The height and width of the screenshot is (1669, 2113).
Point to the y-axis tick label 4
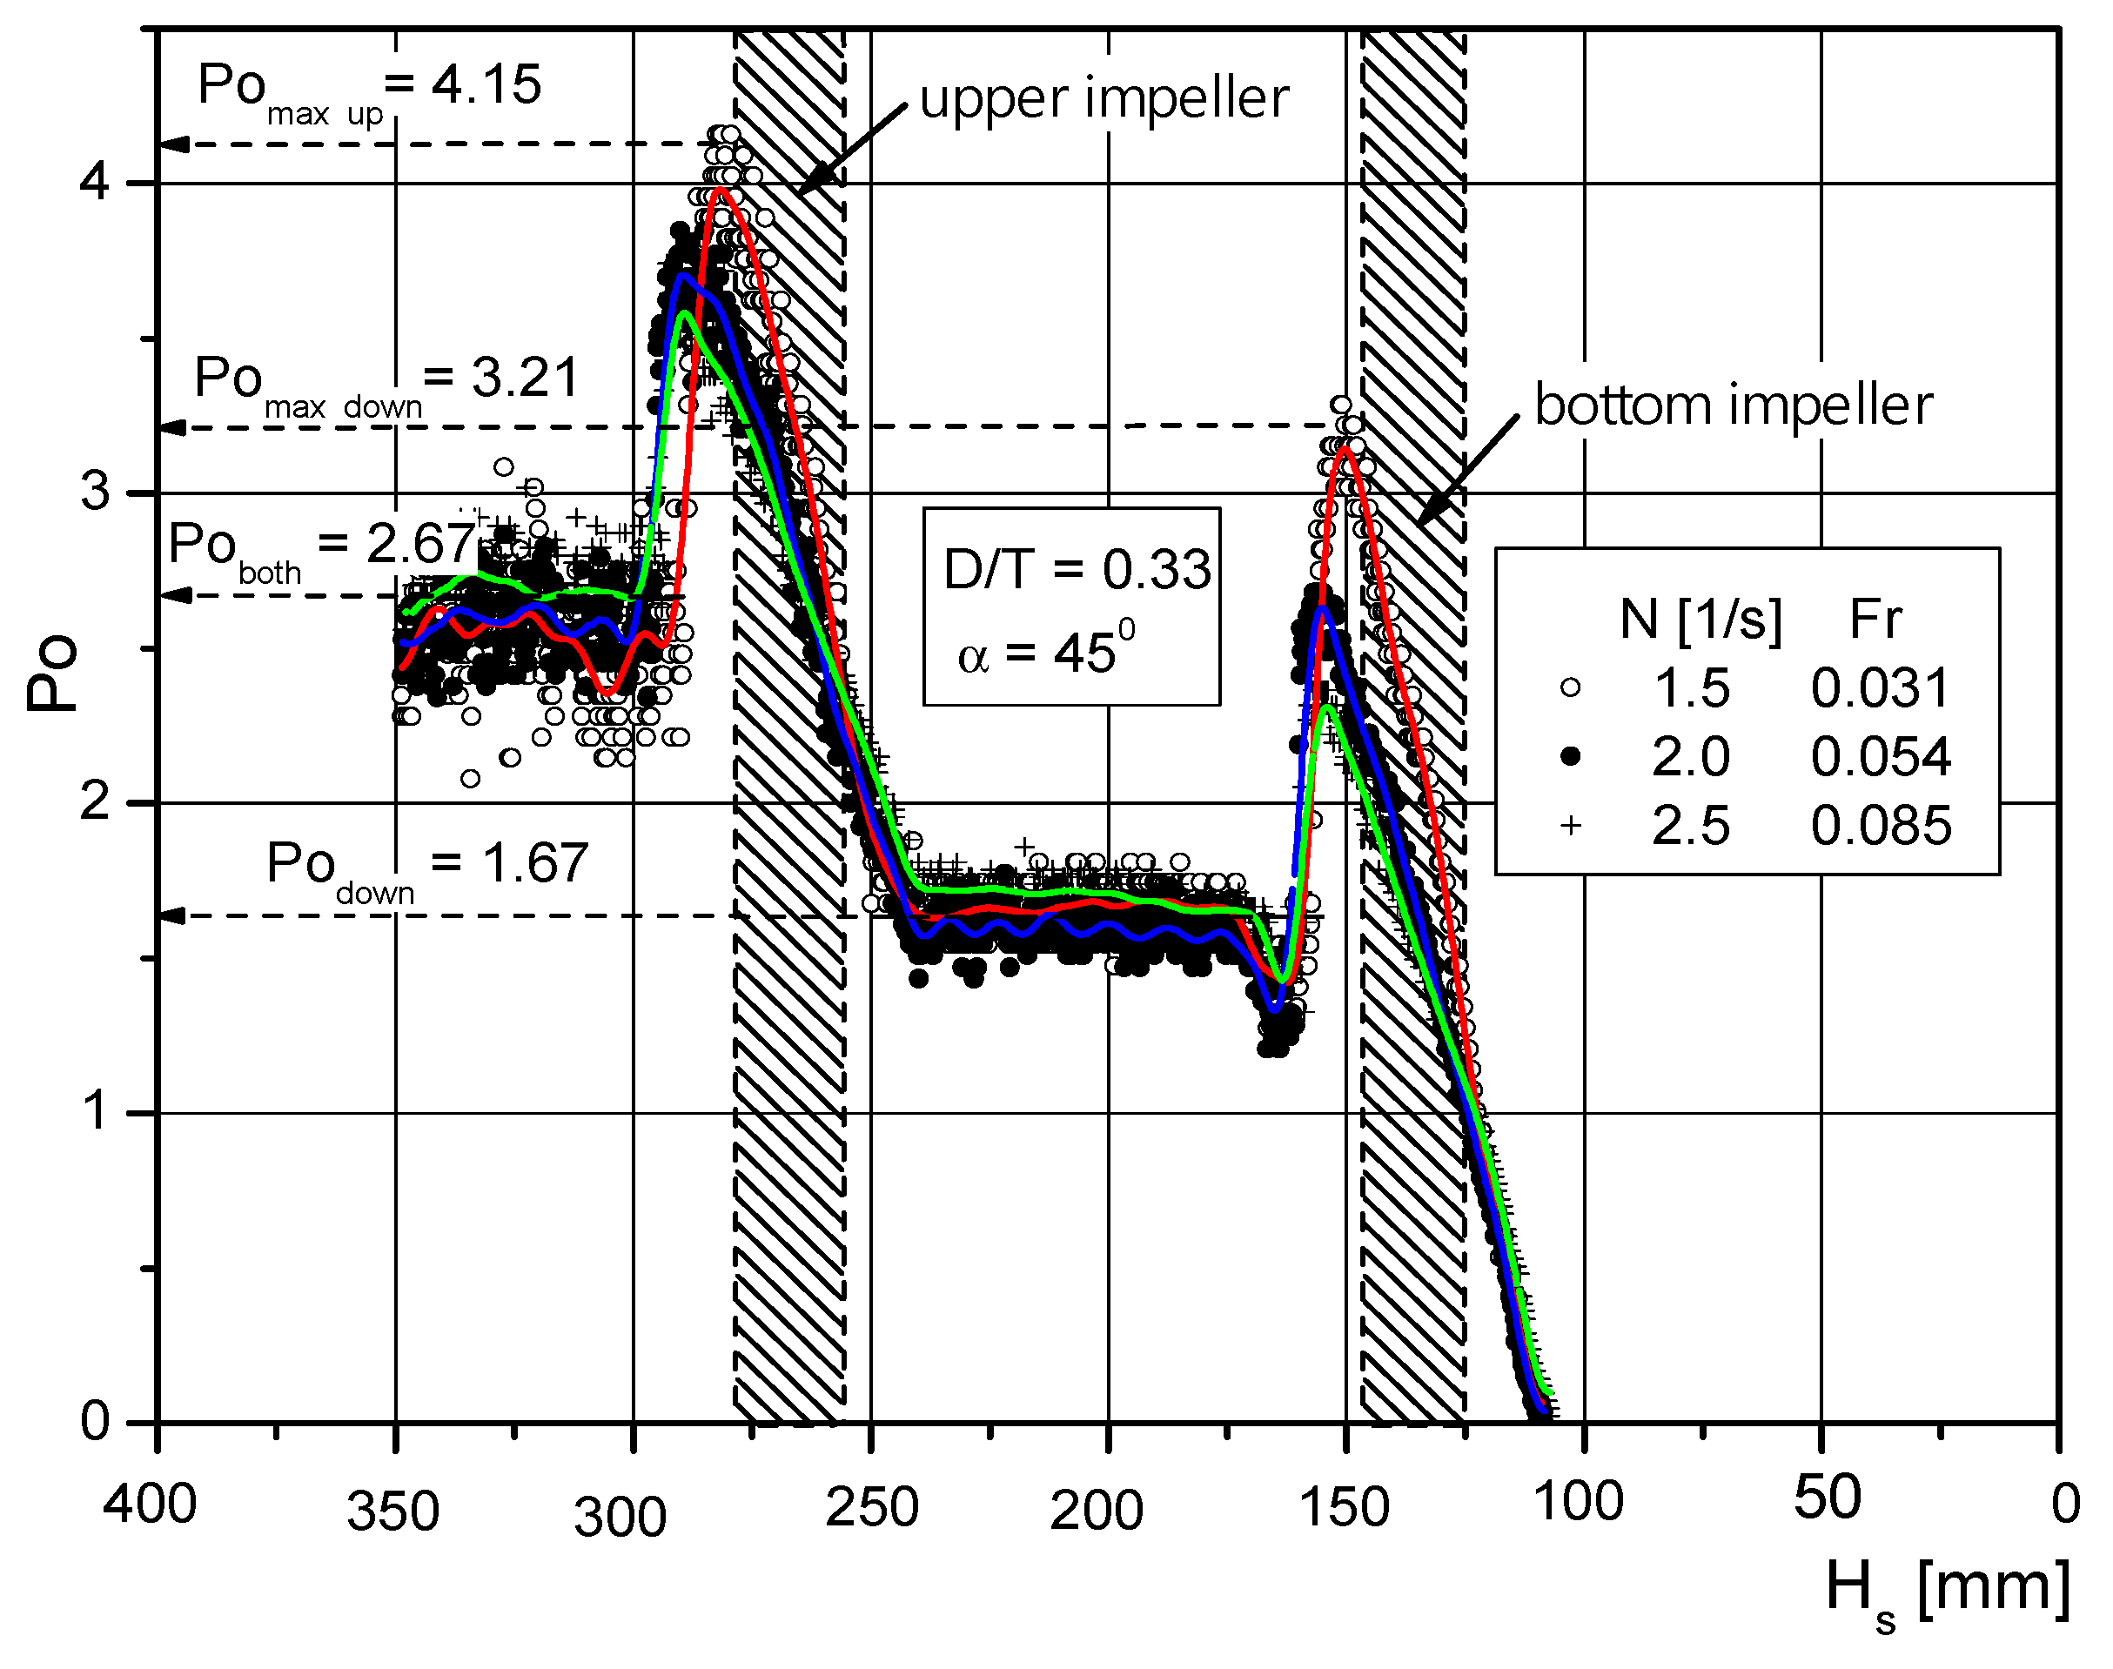point(95,182)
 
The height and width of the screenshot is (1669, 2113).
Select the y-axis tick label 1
point(95,1111)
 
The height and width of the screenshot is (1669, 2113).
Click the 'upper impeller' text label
point(1104,98)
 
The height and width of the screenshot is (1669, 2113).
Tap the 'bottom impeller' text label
point(1733,406)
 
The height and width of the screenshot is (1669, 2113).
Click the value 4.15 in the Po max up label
point(486,84)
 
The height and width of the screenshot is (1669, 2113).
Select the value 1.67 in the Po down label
point(535,863)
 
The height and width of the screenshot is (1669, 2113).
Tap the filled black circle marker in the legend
point(1571,756)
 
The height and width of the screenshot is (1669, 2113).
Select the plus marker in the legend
point(1571,826)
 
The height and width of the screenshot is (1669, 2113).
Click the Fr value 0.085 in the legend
point(1881,826)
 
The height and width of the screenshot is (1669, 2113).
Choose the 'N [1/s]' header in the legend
point(1700,619)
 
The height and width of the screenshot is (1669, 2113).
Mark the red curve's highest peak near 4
point(721,190)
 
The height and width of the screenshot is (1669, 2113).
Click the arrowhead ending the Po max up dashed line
point(174,144)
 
